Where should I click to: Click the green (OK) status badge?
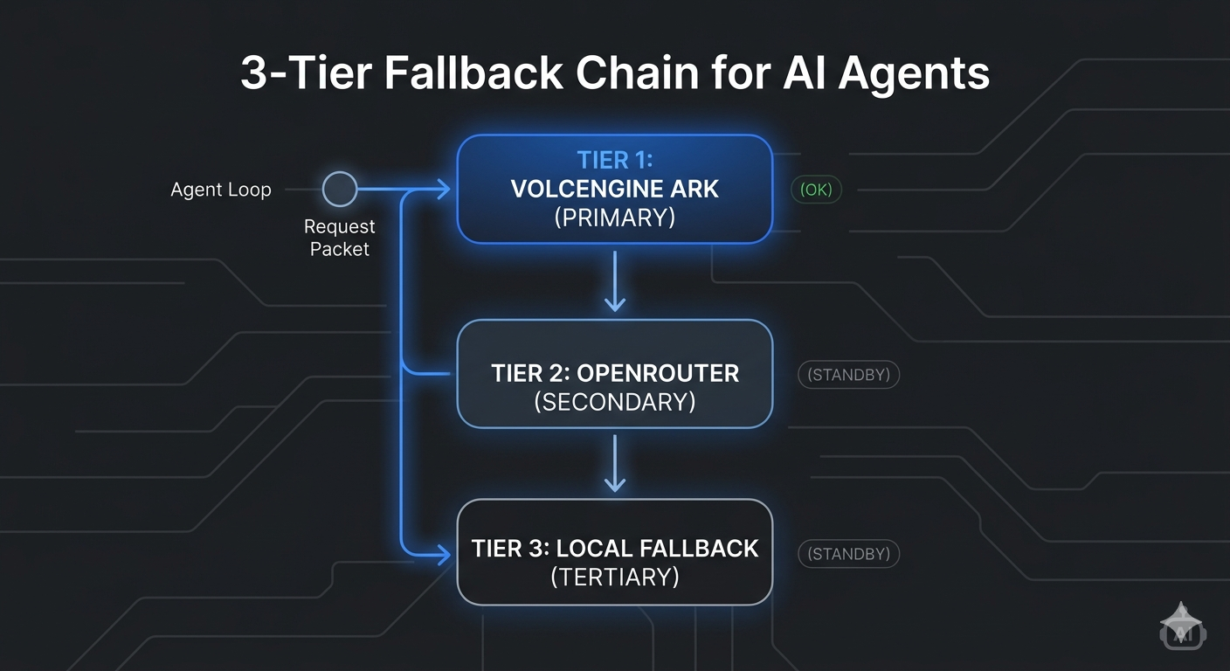tap(816, 190)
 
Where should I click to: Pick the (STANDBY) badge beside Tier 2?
tap(848, 375)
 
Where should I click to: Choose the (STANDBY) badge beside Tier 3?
tap(848, 554)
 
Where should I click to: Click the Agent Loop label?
tap(221, 190)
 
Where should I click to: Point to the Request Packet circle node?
tap(340, 189)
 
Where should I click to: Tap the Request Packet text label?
tap(339, 238)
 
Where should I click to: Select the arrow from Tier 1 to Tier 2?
tap(615, 281)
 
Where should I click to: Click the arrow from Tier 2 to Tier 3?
tap(615, 463)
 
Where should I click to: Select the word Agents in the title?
tap(914, 73)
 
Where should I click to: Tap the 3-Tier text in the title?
tap(306, 73)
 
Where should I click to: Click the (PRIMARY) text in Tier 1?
tap(614, 217)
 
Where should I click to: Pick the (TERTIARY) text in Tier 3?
tap(614, 577)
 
